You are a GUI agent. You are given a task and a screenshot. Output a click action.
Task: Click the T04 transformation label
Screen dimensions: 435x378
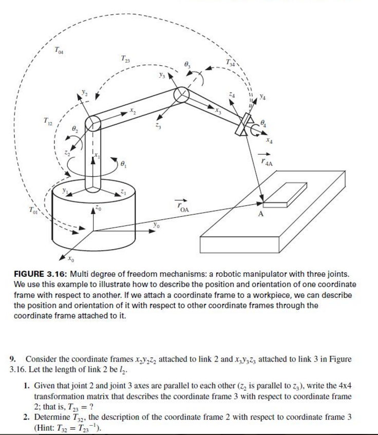coord(60,50)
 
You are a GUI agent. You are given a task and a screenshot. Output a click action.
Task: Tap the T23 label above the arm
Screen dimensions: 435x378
coord(125,59)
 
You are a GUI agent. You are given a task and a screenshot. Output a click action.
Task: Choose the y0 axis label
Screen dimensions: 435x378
coord(156,225)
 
